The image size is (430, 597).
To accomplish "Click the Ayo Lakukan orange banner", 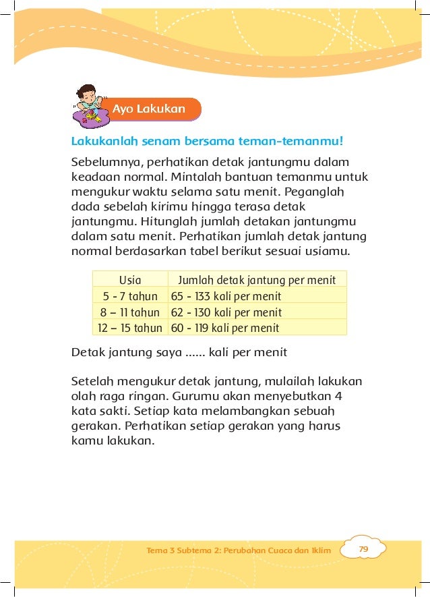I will (x=149, y=109).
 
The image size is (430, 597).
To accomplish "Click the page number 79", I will (x=363, y=550).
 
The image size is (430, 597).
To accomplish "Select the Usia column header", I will (x=130, y=280).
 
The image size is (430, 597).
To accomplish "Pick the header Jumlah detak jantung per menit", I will (x=256, y=280).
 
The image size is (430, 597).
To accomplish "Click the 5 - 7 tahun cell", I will (x=130, y=296).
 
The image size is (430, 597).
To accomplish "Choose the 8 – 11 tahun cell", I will (x=130, y=312).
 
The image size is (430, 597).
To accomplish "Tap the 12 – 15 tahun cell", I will (x=130, y=329).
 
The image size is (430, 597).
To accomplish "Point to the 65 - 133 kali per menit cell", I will (x=226, y=296).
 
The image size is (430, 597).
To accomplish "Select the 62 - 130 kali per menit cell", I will (x=226, y=312).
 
